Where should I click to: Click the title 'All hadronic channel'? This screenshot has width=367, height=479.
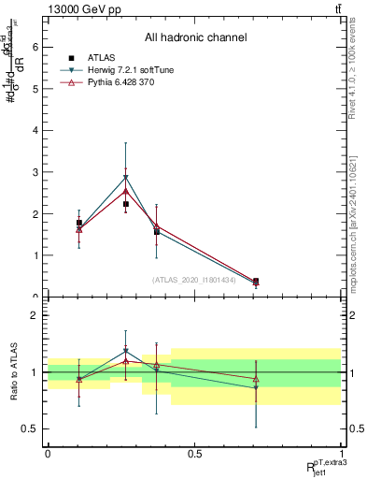pos(194,37)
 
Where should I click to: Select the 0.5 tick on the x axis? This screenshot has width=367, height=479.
pos(194,454)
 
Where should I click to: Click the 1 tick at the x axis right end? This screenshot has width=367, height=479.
pos(341,454)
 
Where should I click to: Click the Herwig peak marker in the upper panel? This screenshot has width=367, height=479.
pos(126,177)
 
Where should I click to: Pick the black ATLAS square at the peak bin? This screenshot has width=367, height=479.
pos(126,204)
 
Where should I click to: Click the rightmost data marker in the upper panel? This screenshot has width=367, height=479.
pos(256,281)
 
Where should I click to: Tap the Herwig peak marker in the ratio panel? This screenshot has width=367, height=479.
pos(126,351)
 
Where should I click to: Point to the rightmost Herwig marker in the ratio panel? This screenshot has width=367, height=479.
pos(256,387)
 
